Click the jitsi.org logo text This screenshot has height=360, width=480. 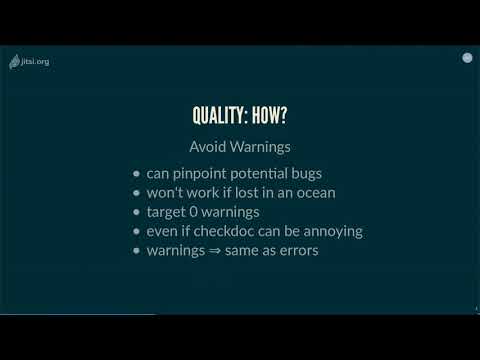click(x=36, y=61)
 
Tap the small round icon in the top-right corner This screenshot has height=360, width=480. click(x=466, y=58)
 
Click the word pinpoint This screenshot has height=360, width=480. click(x=199, y=172)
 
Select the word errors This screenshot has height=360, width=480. click(x=296, y=251)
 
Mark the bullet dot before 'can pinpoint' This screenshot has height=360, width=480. click(x=137, y=173)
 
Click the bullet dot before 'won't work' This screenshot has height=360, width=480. click(x=137, y=192)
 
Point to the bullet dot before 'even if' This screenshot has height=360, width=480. click(x=137, y=231)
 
